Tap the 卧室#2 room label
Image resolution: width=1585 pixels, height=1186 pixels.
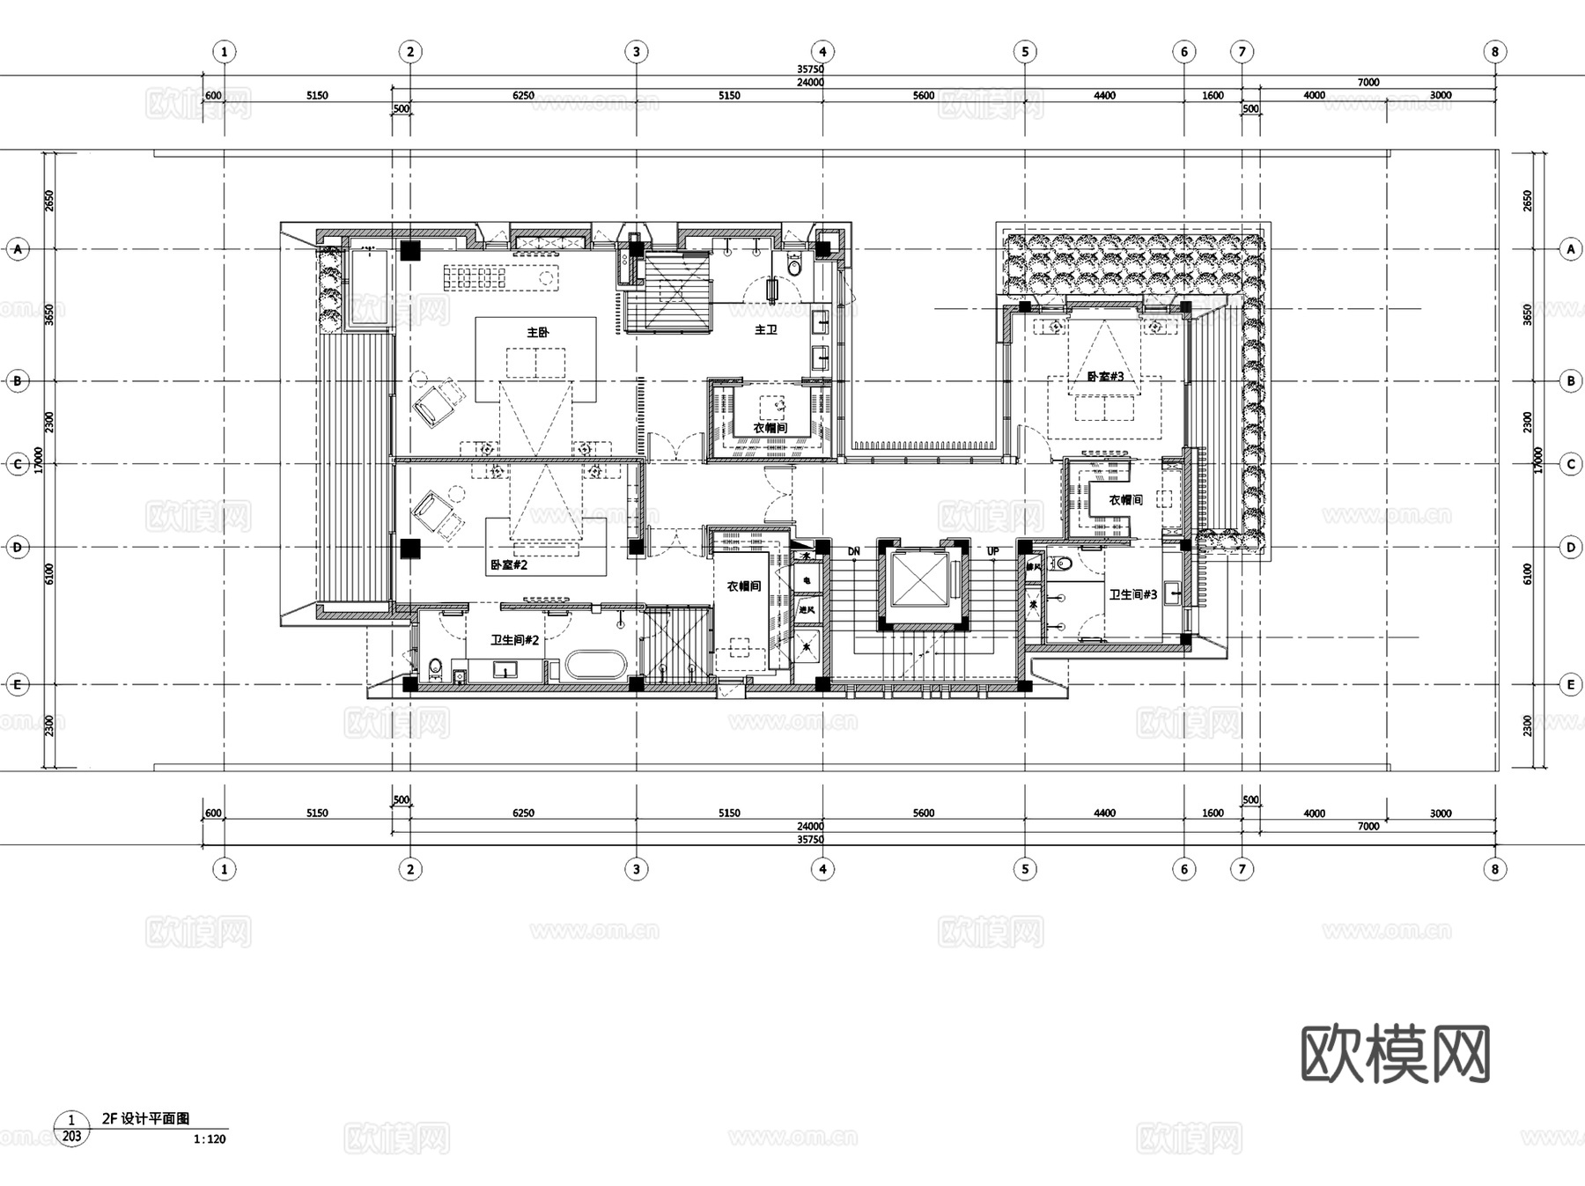pos(509,564)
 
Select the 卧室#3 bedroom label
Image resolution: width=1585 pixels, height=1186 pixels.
pos(1105,376)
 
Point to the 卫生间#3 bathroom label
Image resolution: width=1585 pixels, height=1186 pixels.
pos(1132,594)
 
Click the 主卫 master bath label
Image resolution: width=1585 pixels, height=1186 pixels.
pos(766,329)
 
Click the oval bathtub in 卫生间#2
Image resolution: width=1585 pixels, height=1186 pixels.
pos(595,665)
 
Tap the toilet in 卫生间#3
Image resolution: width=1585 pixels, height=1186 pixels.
pos(1064,563)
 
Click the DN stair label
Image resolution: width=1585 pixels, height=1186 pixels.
pos(853,551)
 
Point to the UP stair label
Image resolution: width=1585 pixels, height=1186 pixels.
pos(993,551)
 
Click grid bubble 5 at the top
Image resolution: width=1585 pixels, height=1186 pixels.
pos(1024,51)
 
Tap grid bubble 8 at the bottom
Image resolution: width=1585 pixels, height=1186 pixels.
pos(1494,869)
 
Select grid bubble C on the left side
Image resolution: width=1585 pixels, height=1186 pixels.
pos(18,464)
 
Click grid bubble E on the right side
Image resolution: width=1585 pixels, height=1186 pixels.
pos(1570,684)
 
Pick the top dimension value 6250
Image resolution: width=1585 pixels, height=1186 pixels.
pos(523,95)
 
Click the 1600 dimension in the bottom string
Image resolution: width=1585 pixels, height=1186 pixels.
pos(1213,813)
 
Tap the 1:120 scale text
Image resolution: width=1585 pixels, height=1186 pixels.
pos(210,1138)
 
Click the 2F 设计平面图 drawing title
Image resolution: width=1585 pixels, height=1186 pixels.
pos(145,1118)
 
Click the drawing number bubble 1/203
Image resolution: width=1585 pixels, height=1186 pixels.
pos(71,1128)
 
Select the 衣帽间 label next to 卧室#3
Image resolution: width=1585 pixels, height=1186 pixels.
pos(1125,499)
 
